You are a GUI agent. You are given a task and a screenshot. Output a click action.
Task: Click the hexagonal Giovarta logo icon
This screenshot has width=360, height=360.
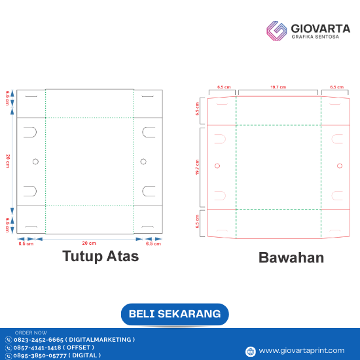(x=277, y=31)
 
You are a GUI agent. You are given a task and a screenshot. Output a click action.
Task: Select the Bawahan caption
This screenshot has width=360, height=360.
(x=291, y=257)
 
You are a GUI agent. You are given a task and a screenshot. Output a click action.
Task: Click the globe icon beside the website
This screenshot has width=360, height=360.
(x=249, y=351)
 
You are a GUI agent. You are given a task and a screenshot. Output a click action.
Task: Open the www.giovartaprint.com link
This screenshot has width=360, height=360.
(x=300, y=351)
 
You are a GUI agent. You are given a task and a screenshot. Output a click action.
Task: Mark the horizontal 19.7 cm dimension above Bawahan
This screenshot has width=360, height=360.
(x=278, y=86)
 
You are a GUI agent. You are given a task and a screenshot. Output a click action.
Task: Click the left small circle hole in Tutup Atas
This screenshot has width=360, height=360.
(x=35, y=161)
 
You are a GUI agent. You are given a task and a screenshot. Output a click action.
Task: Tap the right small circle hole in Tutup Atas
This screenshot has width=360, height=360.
(x=143, y=161)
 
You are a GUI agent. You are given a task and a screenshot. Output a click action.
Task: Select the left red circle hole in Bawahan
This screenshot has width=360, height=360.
(x=217, y=166)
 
